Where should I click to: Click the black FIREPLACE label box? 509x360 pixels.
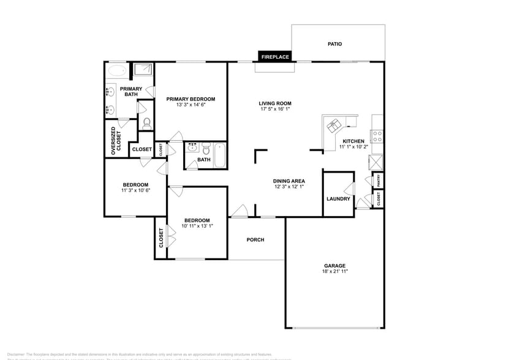275,56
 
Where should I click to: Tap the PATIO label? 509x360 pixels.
334,44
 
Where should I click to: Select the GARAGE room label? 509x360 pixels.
334,266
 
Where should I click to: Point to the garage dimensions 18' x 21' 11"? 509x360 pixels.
335,271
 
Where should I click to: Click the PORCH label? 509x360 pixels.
255,239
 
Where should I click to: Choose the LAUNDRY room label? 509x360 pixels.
338,198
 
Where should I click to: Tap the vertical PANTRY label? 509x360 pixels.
379,180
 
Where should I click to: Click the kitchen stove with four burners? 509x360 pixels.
378,136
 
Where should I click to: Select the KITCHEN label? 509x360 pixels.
353,141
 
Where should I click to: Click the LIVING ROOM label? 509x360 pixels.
274,103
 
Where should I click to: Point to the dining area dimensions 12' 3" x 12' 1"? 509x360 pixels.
289,187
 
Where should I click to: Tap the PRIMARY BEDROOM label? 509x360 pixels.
191,99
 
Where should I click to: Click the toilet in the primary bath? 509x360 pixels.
146,122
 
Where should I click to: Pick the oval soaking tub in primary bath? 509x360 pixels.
116,71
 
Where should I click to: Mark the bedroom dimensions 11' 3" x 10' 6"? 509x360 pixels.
135,190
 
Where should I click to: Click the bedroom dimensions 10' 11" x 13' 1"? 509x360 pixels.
197,226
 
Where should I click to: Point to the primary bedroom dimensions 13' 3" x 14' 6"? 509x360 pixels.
191,105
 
